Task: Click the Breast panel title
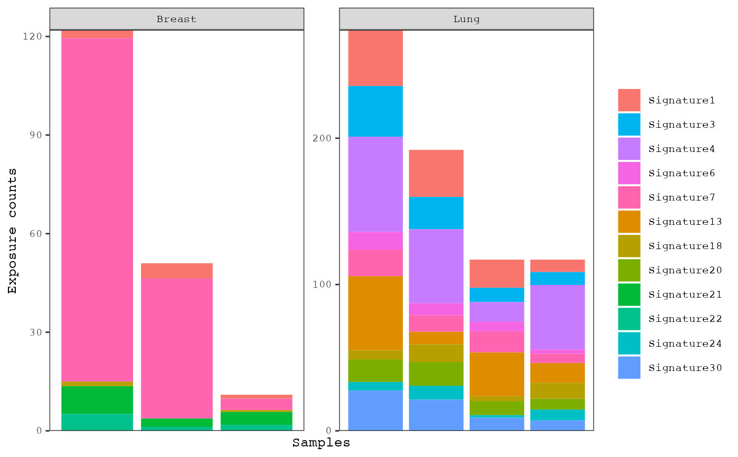177,19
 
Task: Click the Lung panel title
466,19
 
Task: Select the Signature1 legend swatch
629,100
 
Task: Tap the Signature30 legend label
685,368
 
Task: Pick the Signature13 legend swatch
629,222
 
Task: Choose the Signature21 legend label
685,294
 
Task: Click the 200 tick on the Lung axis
326,138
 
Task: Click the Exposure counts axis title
12,231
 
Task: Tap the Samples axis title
321,443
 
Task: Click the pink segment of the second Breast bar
177,348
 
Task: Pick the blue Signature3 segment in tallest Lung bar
375,111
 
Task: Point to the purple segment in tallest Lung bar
375,184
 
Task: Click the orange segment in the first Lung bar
375,313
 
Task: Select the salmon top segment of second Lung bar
436,173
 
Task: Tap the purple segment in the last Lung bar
557,317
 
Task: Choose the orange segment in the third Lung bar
497,374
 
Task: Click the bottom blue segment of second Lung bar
436,415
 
